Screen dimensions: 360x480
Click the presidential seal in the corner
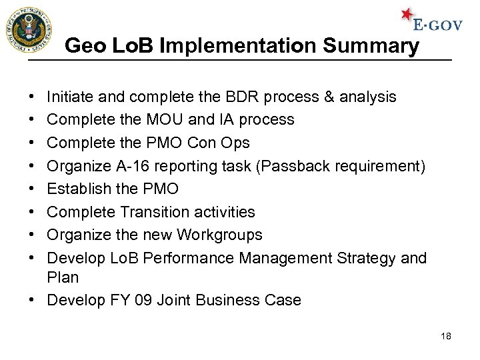coord(28,31)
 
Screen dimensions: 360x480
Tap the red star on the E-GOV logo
coord(407,15)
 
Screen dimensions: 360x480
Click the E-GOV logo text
coord(437,25)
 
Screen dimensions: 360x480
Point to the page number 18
coord(446,336)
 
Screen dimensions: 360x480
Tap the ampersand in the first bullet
coord(329,97)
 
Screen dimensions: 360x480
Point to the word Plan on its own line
coord(63,277)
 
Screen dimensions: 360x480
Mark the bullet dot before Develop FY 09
coord(33,301)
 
